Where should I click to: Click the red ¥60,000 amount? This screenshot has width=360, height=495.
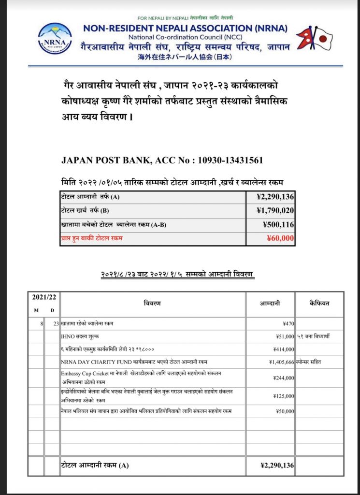tap(281, 238)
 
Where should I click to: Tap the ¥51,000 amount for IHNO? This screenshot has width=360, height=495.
tap(283, 335)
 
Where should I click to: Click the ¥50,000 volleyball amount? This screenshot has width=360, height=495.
tap(283, 411)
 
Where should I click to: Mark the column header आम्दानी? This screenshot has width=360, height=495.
tap(271, 304)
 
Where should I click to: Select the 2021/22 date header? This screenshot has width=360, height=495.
tap(44, 297)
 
